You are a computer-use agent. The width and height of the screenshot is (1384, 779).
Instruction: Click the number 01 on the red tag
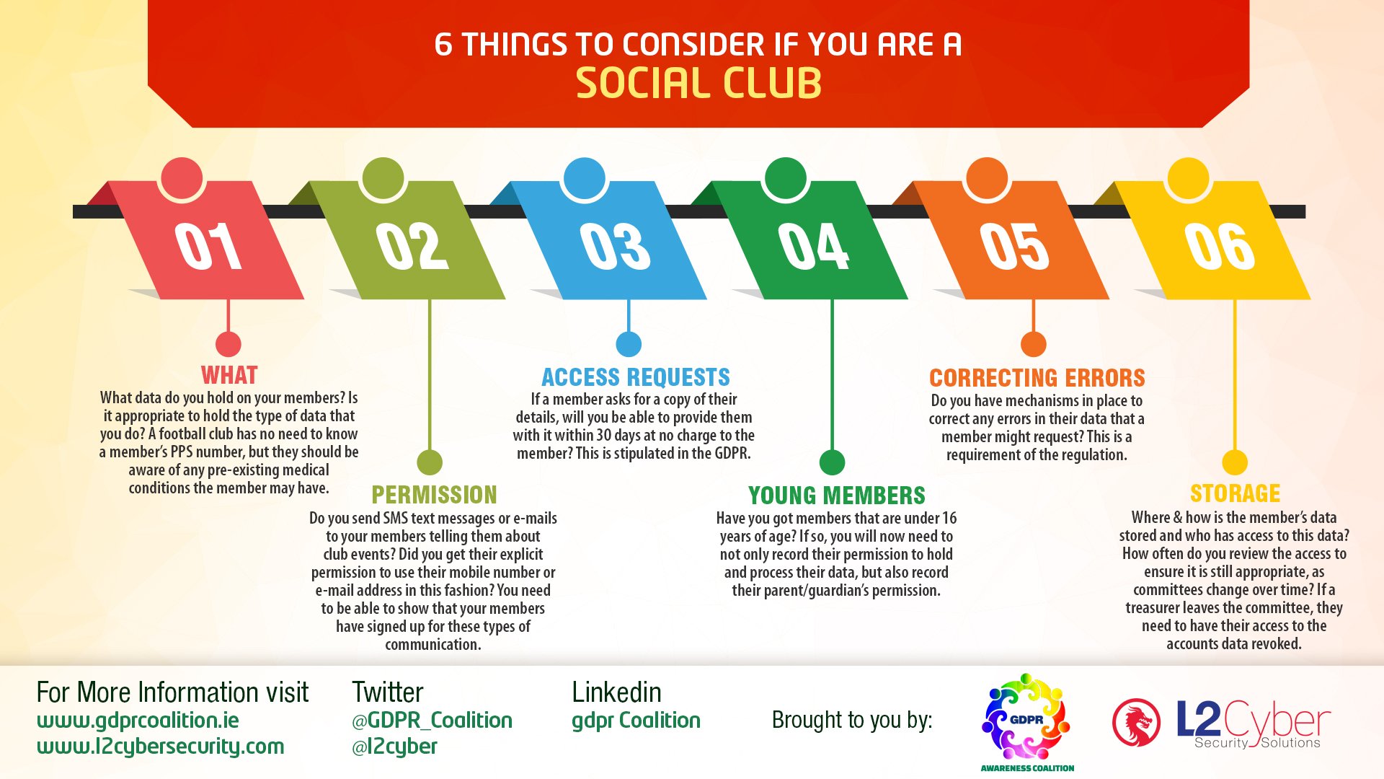click(208, 246)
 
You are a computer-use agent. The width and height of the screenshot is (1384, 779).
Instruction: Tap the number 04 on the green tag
click(813, 246)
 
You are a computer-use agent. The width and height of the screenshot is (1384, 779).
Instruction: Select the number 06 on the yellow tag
click(1220, 246)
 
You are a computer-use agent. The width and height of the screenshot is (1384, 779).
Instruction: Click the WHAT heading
click(229, 375)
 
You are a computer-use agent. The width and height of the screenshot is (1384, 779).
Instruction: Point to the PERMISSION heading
click(434, 495)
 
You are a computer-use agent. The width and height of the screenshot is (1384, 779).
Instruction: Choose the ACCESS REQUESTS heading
click(636, 377)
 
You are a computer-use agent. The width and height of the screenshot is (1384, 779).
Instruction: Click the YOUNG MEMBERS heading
click(836, 496)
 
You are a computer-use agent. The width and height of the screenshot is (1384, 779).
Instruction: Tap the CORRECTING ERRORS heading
click(1037, 378)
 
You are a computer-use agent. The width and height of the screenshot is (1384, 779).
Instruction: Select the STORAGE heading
click(1235, 493)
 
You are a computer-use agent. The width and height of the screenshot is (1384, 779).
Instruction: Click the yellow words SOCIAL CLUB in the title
click(698, 83)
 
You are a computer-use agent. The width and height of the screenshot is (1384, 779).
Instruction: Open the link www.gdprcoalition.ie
click(138, 721)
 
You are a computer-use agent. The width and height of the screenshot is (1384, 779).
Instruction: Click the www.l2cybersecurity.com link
click(161, 747)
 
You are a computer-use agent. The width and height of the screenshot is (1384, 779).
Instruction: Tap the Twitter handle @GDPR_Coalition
click(432, 721)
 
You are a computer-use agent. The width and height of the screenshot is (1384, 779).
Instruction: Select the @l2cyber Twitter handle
click(394, 747)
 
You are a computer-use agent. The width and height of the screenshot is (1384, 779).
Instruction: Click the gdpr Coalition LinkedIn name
click(636, 721)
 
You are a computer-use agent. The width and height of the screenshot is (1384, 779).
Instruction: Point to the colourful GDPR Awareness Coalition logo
click(1026, 722)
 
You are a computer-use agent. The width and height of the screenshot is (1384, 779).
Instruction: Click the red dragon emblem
click(1136, 722)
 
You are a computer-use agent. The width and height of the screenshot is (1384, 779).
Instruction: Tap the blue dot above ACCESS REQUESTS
click(629, 345)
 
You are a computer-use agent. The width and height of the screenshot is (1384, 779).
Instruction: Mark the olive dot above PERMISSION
click(430, 462)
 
